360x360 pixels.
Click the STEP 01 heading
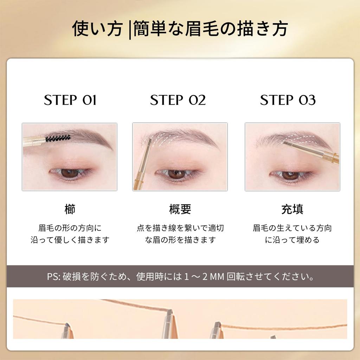70,100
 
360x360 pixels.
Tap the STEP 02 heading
178,100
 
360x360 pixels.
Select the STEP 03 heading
288,100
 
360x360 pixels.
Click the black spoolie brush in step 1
58,138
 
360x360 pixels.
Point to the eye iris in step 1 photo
70,173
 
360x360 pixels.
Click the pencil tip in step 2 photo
149,141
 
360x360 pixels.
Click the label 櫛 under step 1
70,210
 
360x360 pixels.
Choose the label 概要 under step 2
180,210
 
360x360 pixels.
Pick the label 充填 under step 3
292,210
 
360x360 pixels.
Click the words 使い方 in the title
97,29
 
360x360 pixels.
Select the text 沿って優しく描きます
70,240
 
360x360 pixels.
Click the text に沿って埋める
292,240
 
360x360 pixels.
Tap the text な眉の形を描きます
180,240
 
